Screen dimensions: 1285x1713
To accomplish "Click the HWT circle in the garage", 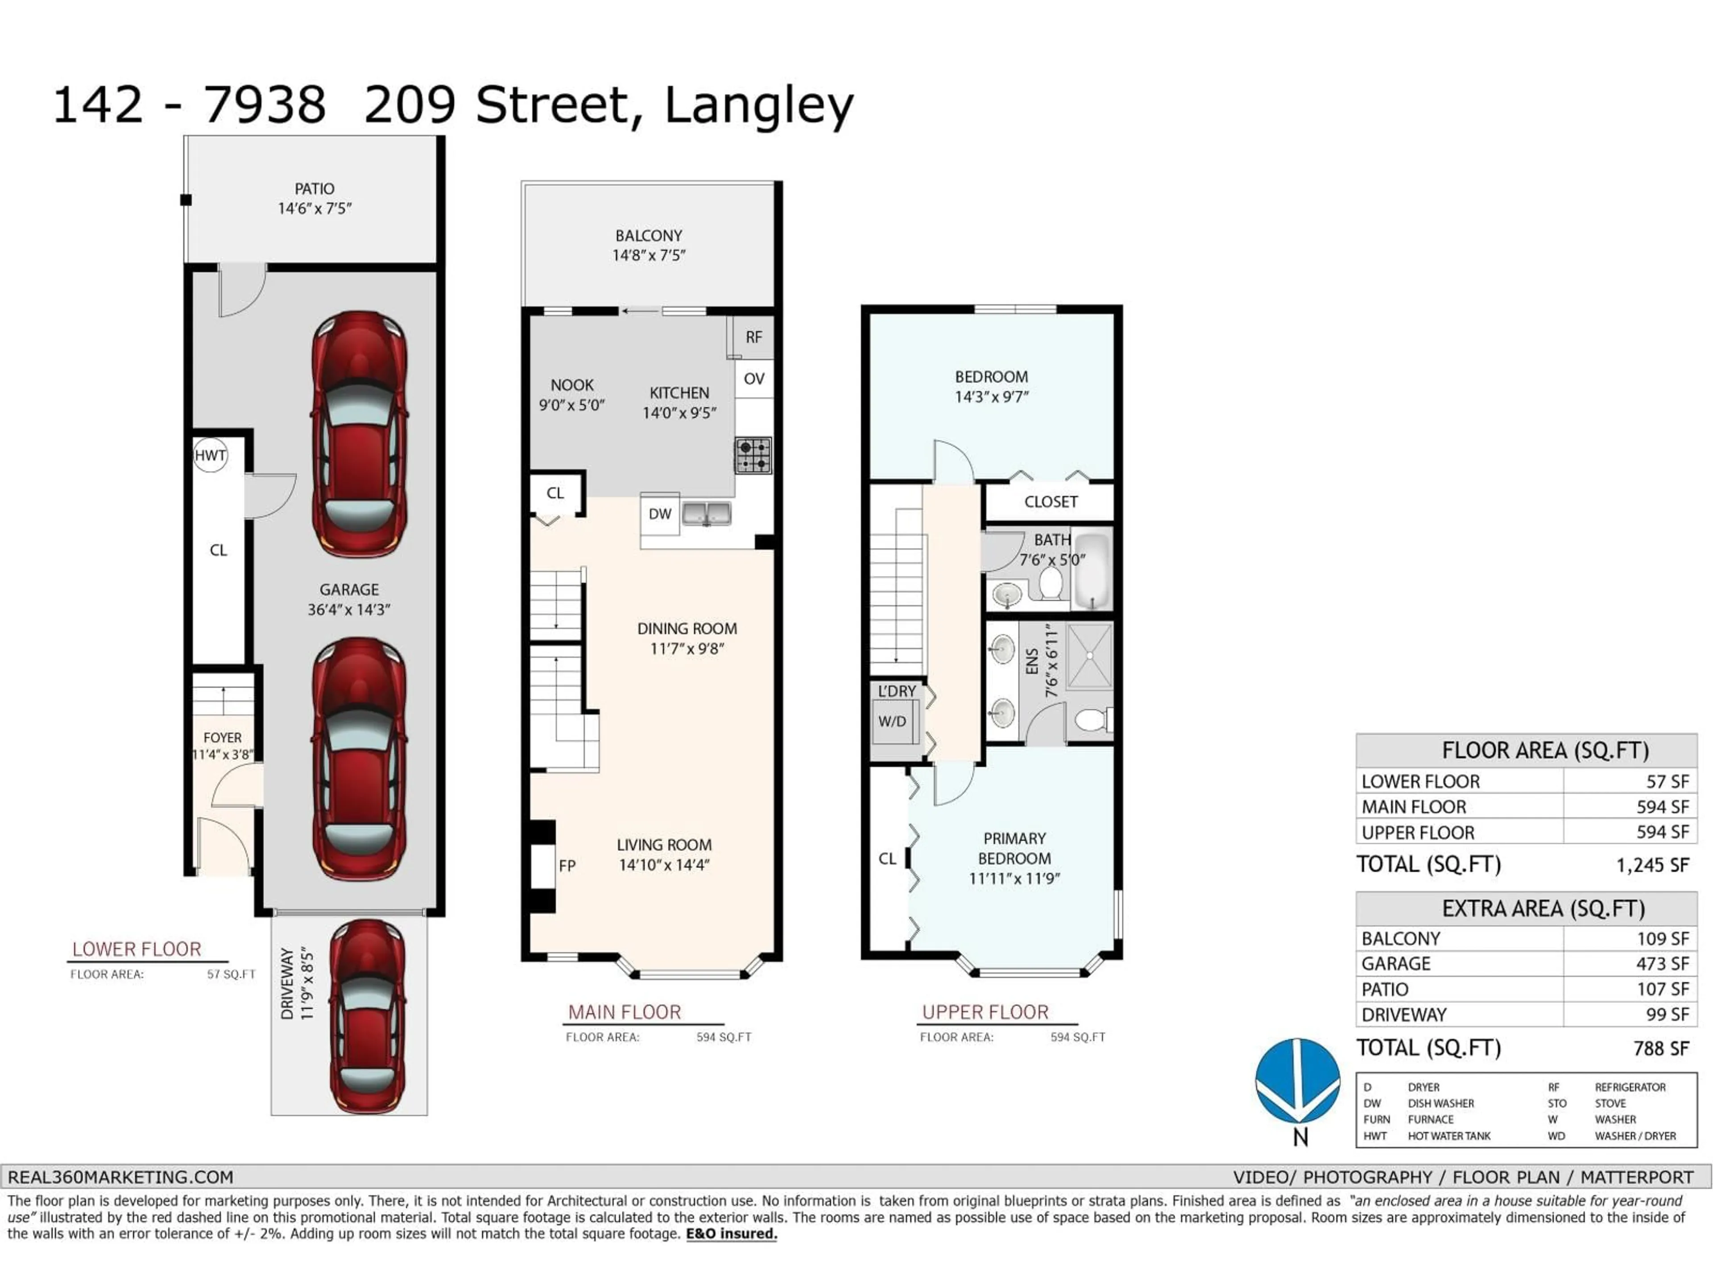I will [210, 456].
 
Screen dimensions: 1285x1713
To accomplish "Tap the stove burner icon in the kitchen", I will [753, 456].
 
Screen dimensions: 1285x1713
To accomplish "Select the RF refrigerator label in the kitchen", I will [753, 337].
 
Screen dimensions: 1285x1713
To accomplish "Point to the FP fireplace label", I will [567, 865].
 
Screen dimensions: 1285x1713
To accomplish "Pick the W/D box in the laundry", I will [892, 721].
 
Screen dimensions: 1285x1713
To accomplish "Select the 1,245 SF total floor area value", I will [1652, 865].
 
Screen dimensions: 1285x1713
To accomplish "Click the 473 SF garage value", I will [1662, 964].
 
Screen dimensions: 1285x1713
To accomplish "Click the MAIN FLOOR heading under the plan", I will [624, 1012].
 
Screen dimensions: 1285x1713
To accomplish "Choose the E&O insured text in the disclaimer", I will [731, 1234].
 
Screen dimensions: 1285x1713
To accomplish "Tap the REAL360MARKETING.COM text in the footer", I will [121, 1177].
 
